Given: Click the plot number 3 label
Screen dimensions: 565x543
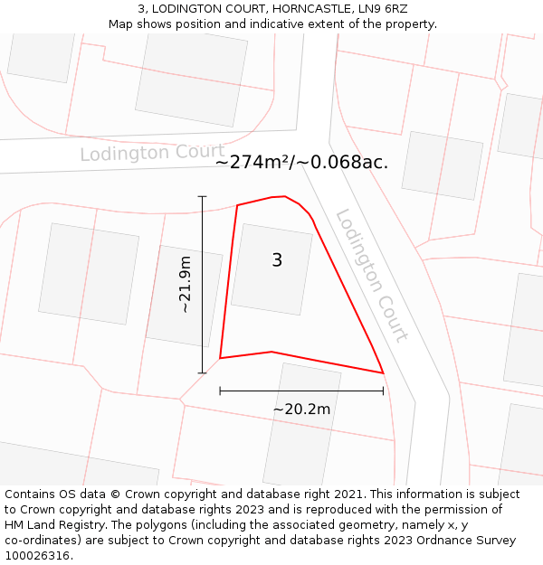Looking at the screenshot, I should tap(277, 260).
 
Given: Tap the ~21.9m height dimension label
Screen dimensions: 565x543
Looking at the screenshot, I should tap(186, 285).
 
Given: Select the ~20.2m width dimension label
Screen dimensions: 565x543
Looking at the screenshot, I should tap(301, 409).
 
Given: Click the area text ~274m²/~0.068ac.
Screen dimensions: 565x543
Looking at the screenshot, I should tap(301, 163).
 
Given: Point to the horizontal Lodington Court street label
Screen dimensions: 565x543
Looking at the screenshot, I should tap(152, 152).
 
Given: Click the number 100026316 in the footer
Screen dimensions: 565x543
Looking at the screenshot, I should tap(38, 556).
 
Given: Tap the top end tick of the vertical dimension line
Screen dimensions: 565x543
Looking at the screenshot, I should tap(202, 196).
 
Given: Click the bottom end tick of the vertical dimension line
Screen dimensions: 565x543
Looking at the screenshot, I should tap(202, 372).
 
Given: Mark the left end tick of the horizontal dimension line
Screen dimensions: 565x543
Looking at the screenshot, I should tap(220, 391).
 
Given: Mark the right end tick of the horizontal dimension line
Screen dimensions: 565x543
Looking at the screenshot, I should tap(384, 391).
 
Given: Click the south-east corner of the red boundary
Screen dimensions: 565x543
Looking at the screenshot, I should tap(384, 372).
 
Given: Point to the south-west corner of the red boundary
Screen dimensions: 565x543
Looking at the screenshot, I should tap(220, 358).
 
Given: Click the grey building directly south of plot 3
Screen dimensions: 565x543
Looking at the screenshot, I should tap(301, 425).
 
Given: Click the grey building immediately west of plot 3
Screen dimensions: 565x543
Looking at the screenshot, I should tap(184, 296).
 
